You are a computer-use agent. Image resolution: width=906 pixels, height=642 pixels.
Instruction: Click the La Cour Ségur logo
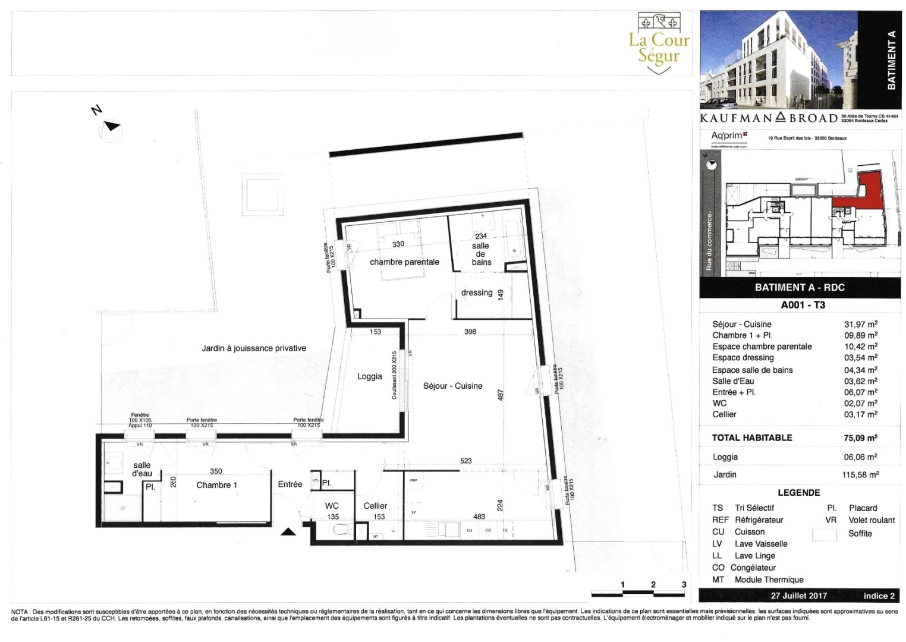[659, 43]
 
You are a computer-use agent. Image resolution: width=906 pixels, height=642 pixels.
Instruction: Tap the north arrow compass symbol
[111, 127]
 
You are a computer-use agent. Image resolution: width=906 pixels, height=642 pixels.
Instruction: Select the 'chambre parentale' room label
[404, 262]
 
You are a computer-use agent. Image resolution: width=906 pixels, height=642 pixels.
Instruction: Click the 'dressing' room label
[477, 292]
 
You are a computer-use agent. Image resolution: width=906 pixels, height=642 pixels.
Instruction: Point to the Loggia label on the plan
[370, 376]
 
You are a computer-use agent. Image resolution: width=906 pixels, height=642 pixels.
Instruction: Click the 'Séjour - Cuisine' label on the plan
[452, 386]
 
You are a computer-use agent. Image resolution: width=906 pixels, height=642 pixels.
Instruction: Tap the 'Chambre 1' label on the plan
[216, 485]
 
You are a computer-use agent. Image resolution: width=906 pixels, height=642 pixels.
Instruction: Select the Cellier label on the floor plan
[375, 506]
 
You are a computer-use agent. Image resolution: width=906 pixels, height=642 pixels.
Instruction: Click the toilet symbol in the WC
[341, 529]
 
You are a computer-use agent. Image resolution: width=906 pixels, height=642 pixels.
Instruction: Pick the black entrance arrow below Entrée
[288, 531]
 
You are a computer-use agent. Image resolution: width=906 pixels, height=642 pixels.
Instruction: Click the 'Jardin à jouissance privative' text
[254, 348]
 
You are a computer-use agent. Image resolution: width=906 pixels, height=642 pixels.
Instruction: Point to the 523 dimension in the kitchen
[466, 461]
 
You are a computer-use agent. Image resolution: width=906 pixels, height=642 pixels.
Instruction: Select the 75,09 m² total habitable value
[860, 438]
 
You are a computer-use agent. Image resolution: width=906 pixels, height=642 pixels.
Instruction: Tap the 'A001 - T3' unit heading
[803, 305]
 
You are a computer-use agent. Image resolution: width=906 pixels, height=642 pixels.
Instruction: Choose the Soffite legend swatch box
[825, 533]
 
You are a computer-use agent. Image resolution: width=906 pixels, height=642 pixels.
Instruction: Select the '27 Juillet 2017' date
[798, 595]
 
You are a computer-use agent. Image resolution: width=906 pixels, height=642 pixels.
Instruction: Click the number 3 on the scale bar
[684, 584]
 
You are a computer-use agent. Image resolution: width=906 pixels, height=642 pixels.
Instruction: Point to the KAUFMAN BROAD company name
[769, 118]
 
